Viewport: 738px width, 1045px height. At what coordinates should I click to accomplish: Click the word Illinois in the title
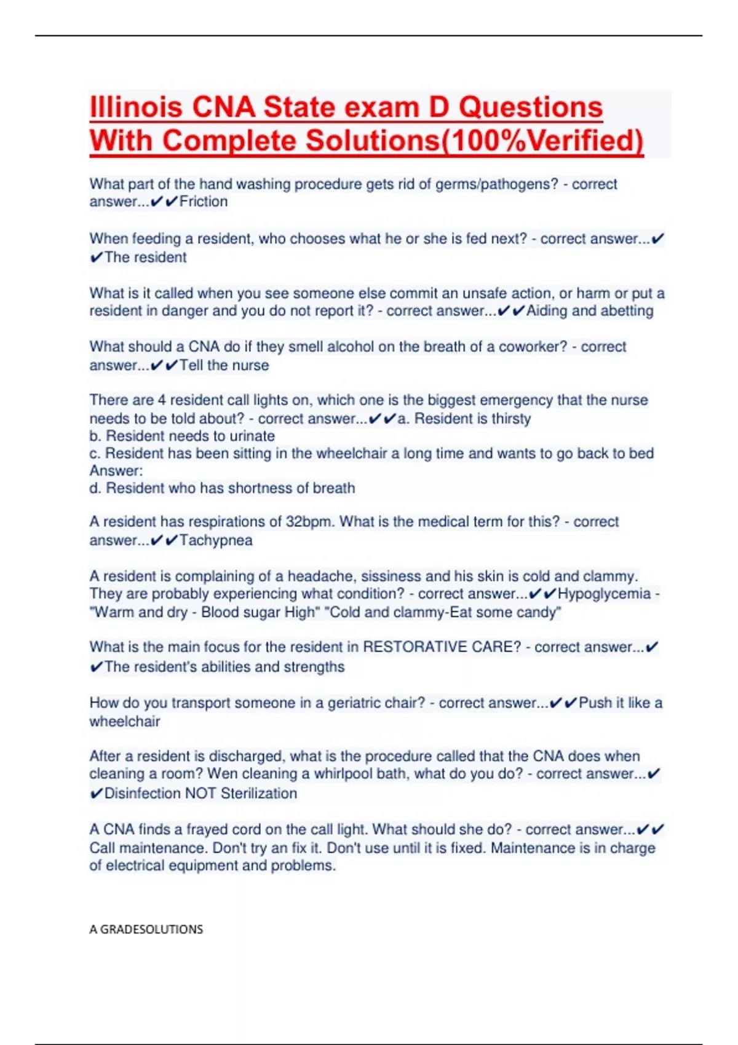(136, 108)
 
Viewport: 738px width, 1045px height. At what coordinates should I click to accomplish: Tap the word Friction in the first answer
(204, 202)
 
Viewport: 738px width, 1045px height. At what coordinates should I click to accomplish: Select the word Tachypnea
(216, 540)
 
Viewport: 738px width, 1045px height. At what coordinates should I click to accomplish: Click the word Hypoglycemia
(604, 594)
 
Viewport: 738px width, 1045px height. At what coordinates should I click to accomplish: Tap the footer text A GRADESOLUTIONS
(146, 929)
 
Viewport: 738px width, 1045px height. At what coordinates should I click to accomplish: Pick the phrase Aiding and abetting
(590, 311)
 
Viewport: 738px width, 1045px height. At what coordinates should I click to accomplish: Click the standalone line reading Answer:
(116, 471)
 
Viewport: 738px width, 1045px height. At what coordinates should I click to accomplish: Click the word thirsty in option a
(507, 419)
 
